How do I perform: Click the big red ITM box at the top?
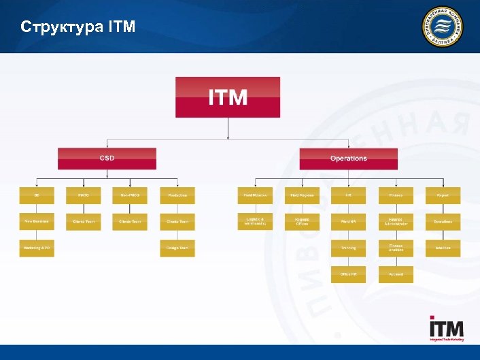228,97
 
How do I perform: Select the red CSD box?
107,159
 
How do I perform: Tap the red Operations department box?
348,159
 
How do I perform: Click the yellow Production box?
177,195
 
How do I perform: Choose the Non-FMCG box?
130,195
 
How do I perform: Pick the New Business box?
37,222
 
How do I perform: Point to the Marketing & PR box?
37,248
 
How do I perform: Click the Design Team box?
177,248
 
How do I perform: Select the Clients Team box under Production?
177,222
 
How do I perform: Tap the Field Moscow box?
255,195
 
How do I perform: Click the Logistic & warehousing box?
255,222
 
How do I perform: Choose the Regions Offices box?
302,222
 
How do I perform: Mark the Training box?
348,248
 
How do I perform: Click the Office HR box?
348,274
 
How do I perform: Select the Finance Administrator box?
396,222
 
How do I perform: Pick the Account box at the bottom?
396,274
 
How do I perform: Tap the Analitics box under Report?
443,248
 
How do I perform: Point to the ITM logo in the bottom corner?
446,329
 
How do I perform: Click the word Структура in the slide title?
61,27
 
